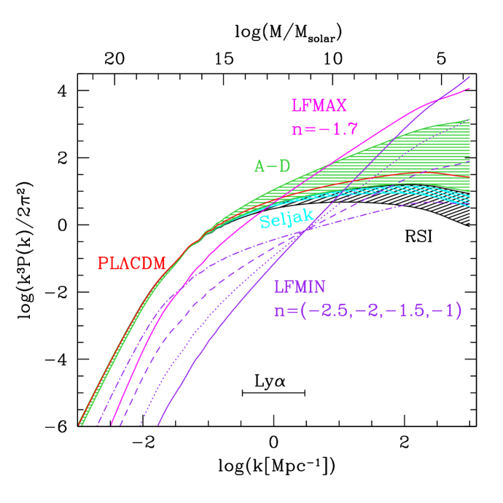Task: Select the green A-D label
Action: [272, 166]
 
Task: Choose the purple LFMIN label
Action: [301, 287]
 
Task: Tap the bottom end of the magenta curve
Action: [111, 424]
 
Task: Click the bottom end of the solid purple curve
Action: [158, 424]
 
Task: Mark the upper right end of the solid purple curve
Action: [469, 76]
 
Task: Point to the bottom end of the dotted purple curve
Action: [140, 424]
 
